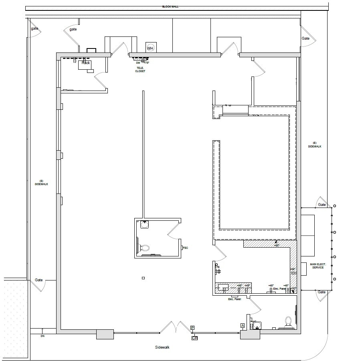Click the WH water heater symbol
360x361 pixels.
coord(151,48)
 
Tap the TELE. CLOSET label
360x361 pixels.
coord(140,70)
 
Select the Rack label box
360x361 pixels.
coord(85,63)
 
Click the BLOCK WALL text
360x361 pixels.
coord(170,7)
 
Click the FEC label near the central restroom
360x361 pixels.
coord(185,248)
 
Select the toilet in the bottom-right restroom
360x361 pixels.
coord(288,321)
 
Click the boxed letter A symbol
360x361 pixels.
coord(243,325)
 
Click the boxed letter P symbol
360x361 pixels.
coord(192,328)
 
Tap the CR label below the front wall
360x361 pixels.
coord(194,338)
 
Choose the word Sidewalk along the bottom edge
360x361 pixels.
coord(162,347)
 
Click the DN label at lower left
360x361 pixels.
coord(42,336)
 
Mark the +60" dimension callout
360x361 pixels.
coord(276,245)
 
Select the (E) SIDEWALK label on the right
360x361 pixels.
coord(315,145)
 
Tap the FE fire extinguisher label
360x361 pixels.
coord(218,266)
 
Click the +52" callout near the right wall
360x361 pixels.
coord(293,288)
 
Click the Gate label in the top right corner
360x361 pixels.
coord(305,38)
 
